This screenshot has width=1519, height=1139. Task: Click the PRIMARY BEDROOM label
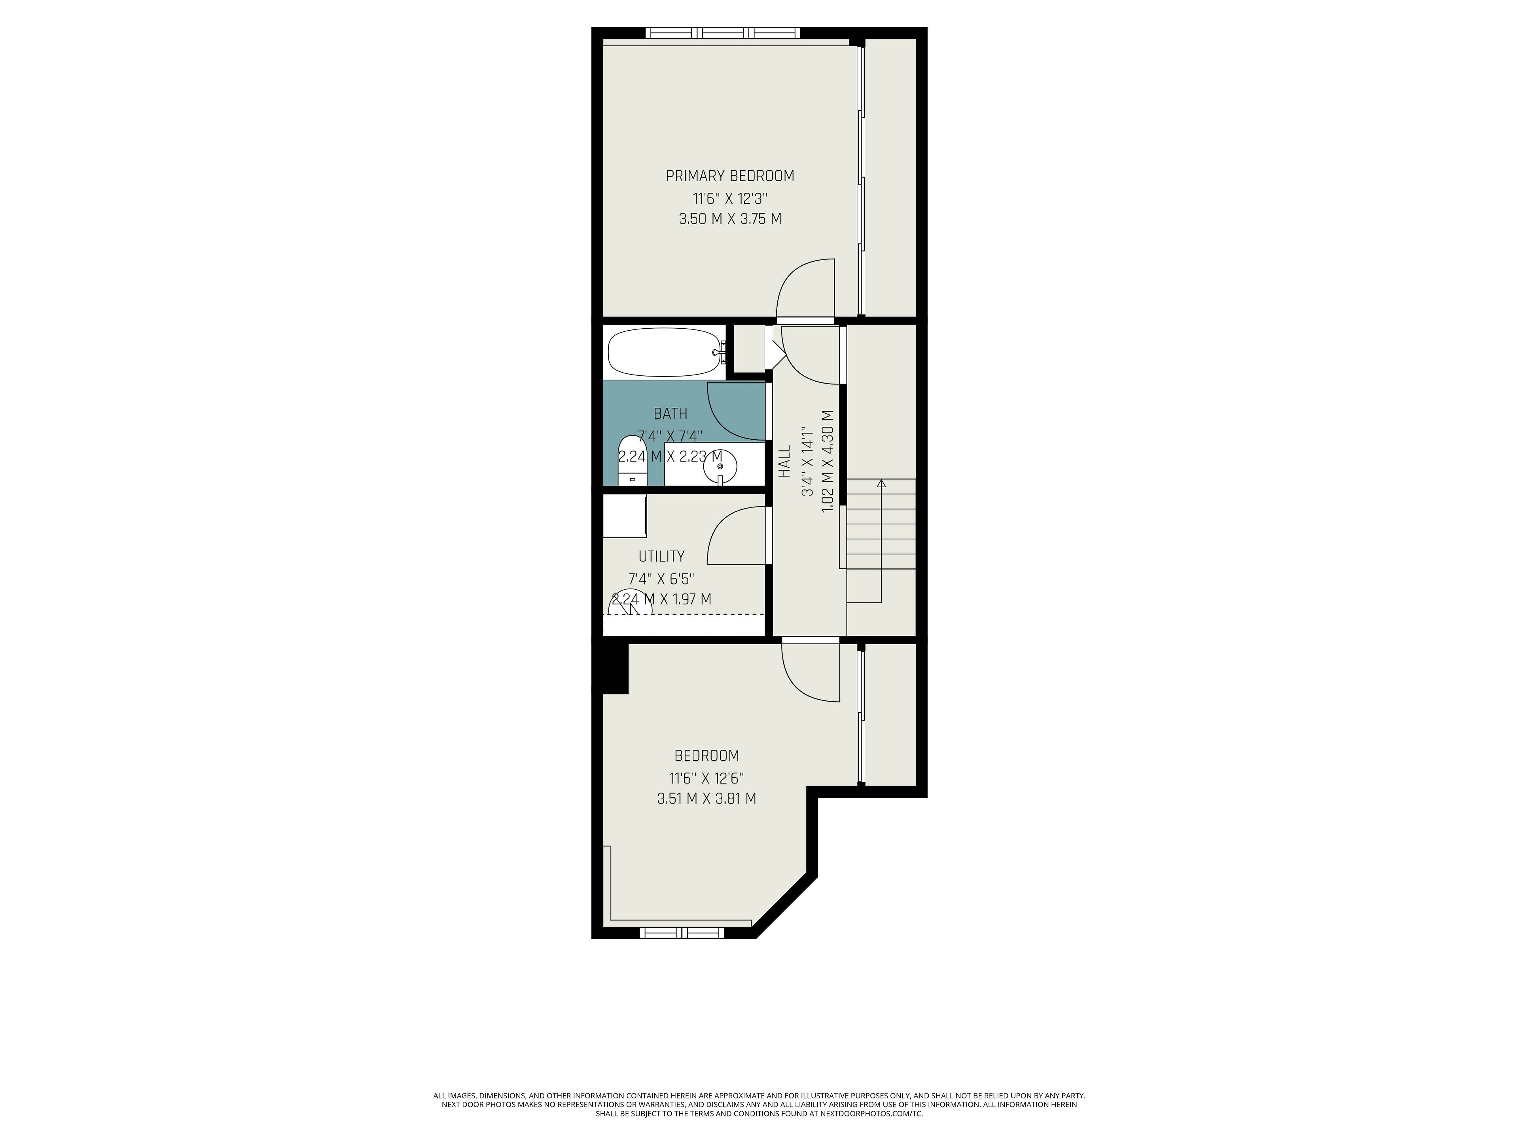[x=730, y=176]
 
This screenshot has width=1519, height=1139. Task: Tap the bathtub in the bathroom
[x=664, y=352]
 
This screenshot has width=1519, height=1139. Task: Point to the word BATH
[x=670, y=414]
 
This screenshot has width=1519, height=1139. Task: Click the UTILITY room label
[x=661, y=556]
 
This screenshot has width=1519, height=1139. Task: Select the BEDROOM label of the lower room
[x=706, y=756]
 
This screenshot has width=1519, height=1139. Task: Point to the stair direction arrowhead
[x=881, y=484]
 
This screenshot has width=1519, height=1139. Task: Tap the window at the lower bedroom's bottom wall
[x=681, y=932]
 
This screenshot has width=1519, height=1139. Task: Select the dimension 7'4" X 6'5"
[x=661, y=578]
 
